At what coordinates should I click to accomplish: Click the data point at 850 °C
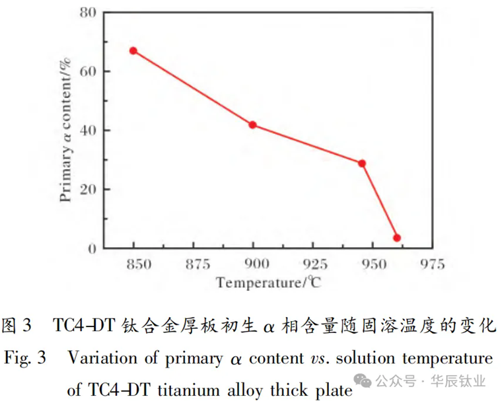pyautogui.click(x=133, y=51)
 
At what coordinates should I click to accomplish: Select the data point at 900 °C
pyautogui.click(x=252, y=125)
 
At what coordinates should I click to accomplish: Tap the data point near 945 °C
pyautogui.click(x=362, y=163)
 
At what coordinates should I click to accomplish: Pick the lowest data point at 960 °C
pyautogui.click(x=397, y=238)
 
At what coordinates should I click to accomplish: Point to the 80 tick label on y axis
pyautogui.click(x=89, y=13)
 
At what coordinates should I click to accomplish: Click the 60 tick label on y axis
pyautogui.click(x=89, y=71)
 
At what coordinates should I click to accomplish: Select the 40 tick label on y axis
pyautogui.click(x=89, y=130)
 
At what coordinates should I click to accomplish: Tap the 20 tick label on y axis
pyautogui.click(x=89, y=190)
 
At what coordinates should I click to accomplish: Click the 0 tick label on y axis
pyautogui.click(x=93, y=248)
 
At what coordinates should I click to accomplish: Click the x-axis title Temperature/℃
pyautogui.click(x=268, y=284)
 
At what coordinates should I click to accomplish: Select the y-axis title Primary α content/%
pyautogui.click(x=65, y=130)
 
